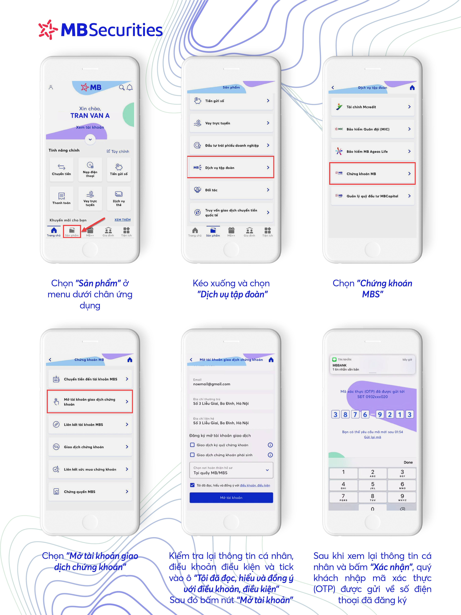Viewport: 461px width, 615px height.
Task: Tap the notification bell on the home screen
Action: [129, 88]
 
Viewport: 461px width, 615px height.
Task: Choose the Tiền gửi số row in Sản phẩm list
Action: [231, 101]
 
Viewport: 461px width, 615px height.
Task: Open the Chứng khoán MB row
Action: [372, 173]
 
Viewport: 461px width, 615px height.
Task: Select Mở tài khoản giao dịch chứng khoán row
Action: [90, 401]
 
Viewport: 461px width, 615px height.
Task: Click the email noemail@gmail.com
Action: [212, 384]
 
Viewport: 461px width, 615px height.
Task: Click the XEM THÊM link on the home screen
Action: [123, 220]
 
